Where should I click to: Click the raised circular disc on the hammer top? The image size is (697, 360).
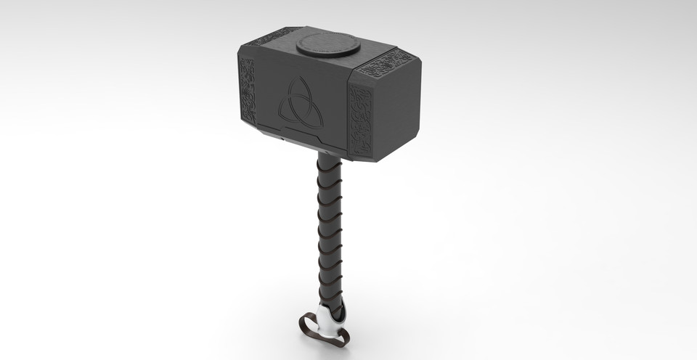click(328, 45)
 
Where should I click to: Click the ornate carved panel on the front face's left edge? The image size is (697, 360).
click(248, 89)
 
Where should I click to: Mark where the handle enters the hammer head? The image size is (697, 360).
click(329, 155)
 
